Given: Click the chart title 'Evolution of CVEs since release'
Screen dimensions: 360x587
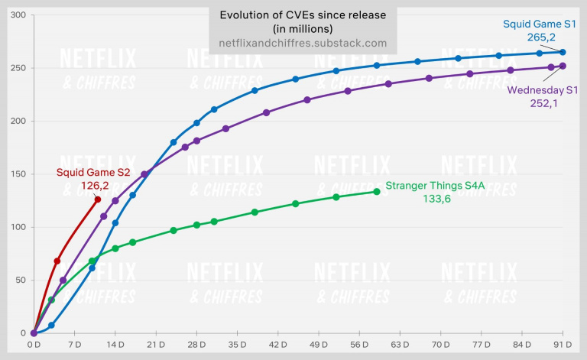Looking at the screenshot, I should click(303, 16).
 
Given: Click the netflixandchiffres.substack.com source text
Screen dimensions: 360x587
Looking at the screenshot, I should click(303, 44).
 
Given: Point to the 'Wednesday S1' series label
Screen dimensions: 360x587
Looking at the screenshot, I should click(543, 90).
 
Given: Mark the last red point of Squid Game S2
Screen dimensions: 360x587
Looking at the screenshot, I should click(98, 199).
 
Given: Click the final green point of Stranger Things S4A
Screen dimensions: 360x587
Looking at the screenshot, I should click(377, 192).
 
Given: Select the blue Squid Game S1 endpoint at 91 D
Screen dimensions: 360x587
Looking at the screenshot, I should click(563, 52).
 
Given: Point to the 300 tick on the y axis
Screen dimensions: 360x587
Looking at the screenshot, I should click(16, 15).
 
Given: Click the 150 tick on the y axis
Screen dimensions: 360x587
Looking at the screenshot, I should click(16, 174).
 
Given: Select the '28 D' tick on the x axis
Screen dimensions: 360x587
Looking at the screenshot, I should click(196, 345).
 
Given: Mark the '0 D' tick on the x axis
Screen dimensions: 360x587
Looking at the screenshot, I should click(34, 345).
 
